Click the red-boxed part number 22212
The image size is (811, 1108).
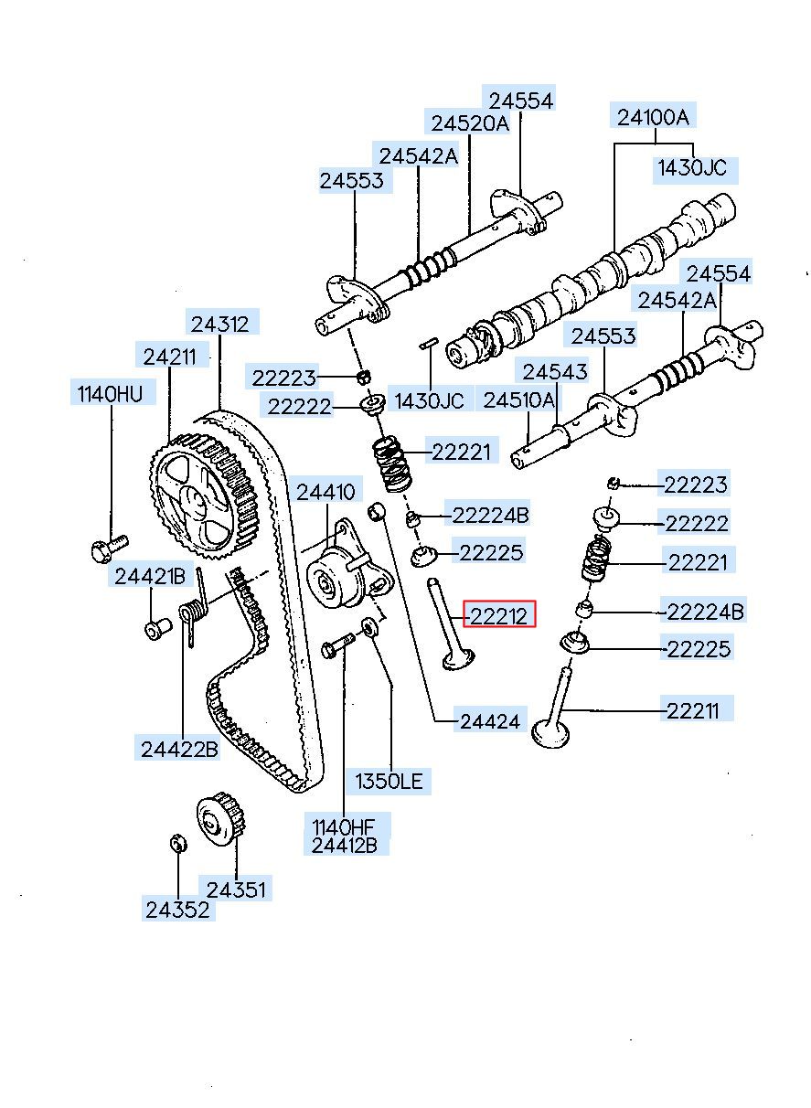point(499,615)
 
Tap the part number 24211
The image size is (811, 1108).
point(170,356)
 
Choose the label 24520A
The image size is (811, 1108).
point(470,123)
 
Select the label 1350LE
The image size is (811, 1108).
point(390,781)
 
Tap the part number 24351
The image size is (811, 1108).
point(239,888)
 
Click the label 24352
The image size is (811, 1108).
point(177,910)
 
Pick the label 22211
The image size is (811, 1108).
point(699,709)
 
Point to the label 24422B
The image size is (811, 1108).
point(180,749)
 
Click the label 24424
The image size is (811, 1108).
point(489,721)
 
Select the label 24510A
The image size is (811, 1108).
point(518,400)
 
